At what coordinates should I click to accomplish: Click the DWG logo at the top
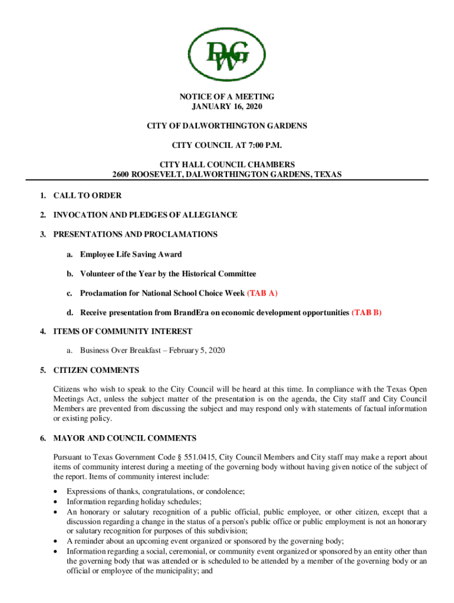(226, 54)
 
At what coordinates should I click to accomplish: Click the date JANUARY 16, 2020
(226, 107)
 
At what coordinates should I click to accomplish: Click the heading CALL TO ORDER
(87, 196)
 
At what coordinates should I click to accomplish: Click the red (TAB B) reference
(367, 313)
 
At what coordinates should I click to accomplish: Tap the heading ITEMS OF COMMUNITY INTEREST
(123, 331)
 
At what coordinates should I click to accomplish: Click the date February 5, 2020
(198, 350)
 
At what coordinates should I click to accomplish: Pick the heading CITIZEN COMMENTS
(96, 370)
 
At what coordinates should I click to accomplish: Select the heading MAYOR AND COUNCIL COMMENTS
(125, 439)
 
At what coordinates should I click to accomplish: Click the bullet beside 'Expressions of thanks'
(55, 492)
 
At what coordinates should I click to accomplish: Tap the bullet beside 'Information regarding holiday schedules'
(55, 502)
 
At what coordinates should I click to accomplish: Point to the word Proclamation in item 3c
(106, 293)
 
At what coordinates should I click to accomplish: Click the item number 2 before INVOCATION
(43, 215)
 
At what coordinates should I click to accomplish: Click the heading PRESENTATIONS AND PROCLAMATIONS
(135, 234)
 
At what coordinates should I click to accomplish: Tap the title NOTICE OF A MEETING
(226, 97)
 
